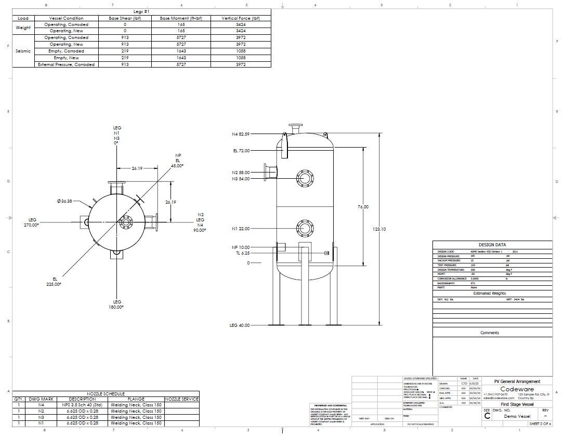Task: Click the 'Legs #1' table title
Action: tap(141, 11)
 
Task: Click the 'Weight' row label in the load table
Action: tap(23, 28)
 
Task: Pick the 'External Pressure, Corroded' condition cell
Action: tap(66, 64)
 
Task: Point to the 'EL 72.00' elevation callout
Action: tap(241, 151)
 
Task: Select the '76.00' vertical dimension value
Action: tap(362, 207)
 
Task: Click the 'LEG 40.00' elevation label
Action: tap(240, 325)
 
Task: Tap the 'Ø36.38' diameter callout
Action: tap(65, 201)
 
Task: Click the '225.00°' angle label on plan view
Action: tap(54, 284)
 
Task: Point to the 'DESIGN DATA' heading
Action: tap(492, 245)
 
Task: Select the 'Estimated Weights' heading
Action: tap(489, 294)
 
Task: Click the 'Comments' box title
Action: tap(489, 333)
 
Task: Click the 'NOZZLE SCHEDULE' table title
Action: tap(106, 393)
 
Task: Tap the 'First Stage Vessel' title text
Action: tap(517, 404)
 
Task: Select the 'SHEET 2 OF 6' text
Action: tap(541, 423)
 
